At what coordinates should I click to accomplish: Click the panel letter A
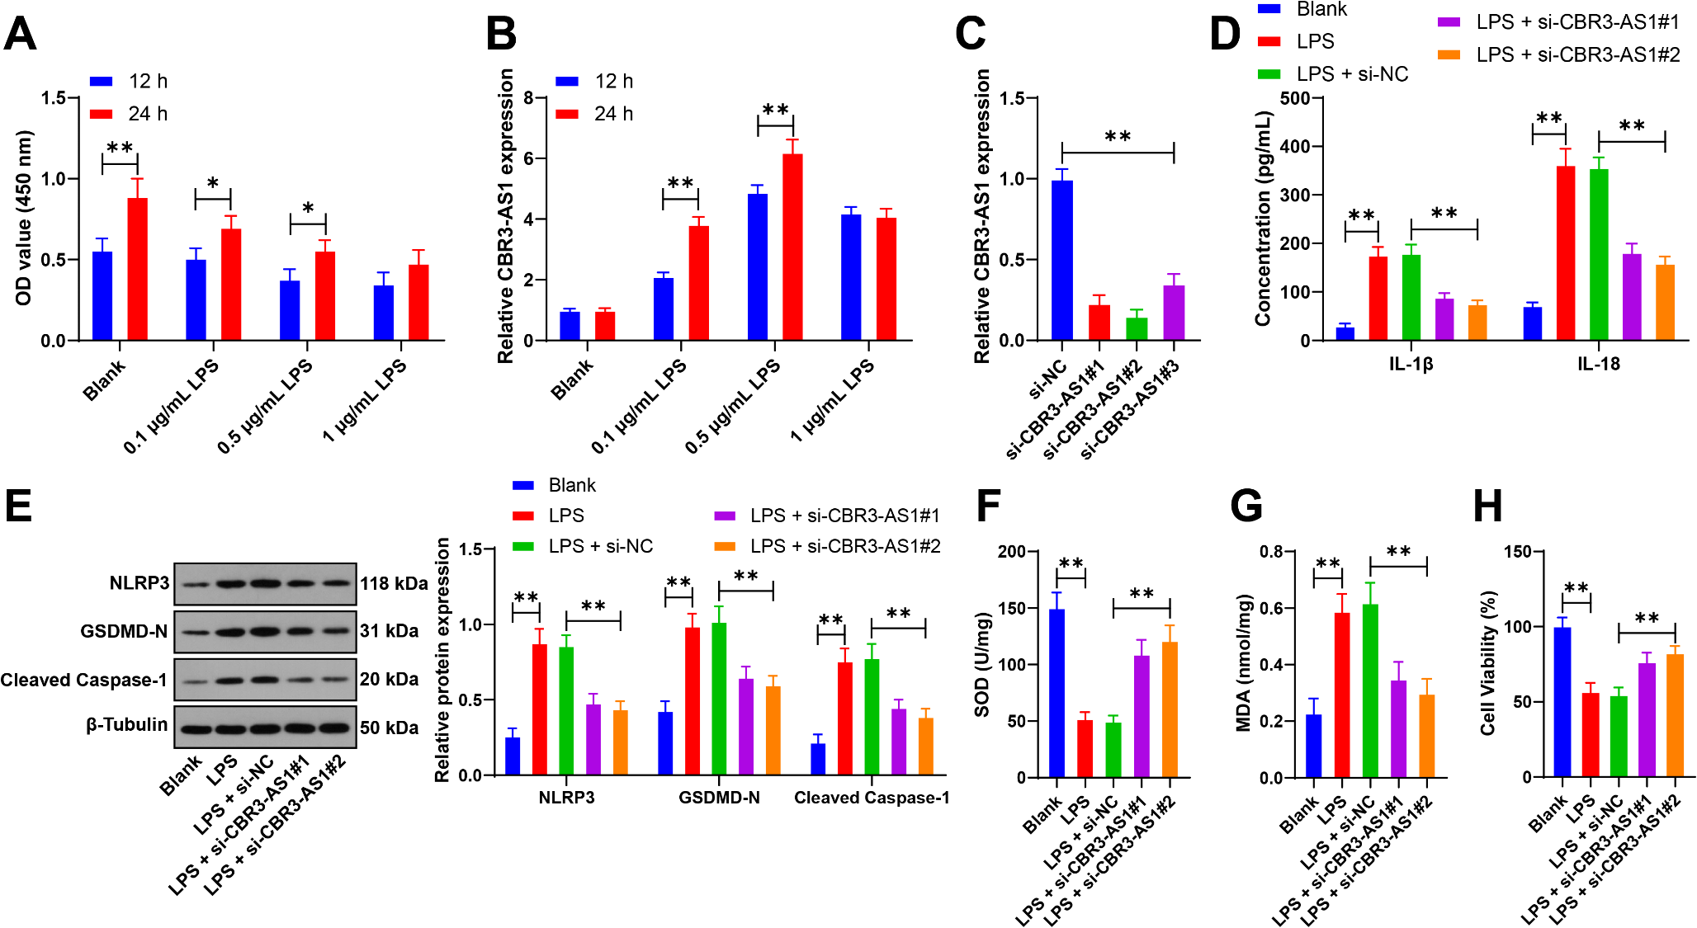pyautogui.click(x=20, y=34)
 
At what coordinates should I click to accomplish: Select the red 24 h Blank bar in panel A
pyautogui.click(x=137, y=269)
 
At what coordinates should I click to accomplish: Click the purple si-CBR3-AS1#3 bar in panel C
pyautogui.click(x=1174, y=313)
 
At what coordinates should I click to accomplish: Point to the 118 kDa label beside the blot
pyautogui.click(x=394, y=584)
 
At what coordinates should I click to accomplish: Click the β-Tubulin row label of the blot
pyautogui.click(x=126, y=725)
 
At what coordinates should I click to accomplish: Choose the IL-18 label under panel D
pyautogui.click(x=1598, y=364)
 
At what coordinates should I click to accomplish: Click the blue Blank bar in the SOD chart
pyautogui.click(x=1056, y=693)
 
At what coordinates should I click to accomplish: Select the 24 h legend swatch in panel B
pyautogui.click(x=567, y=114)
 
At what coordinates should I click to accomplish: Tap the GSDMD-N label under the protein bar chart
pyautogui.click(x=719, y=798)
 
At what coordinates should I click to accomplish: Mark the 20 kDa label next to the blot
pyautogui.click(x=389, y=680)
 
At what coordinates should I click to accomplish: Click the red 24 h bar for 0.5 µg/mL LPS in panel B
pyautogui.click(x=792, y=247)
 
